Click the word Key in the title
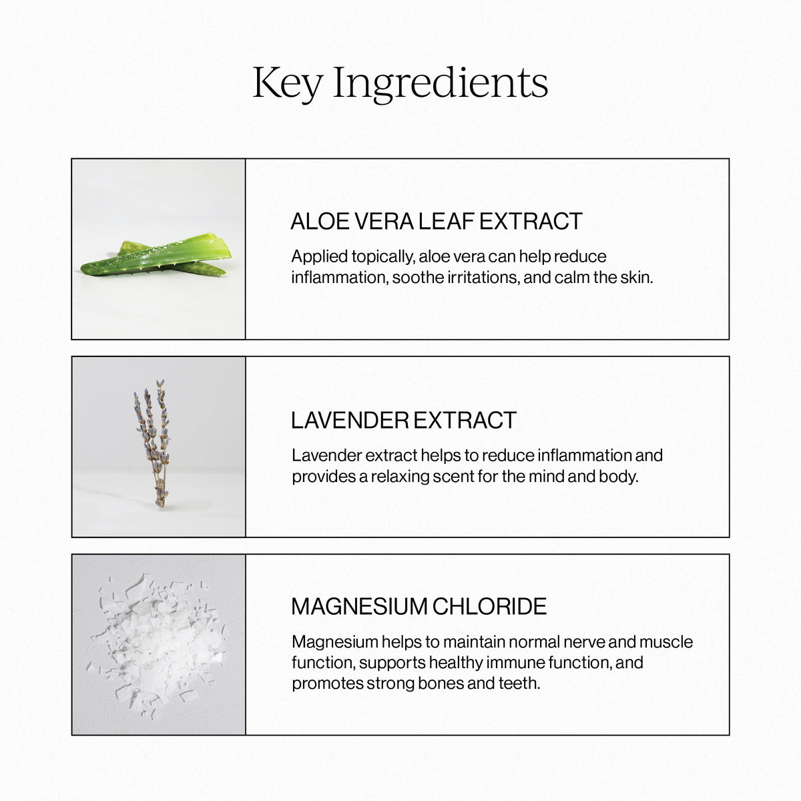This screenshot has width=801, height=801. coord(287,83)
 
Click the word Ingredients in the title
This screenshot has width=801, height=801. coord(441,85)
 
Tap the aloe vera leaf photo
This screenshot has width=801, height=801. coord(158,257)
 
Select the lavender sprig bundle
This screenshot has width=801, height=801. coord(153,444)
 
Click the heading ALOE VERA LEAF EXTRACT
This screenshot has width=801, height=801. coord(437,222)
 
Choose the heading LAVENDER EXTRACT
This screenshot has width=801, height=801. coord(404,421)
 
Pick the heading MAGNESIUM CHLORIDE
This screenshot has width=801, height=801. coord(419,607)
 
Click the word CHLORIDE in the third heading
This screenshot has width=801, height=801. coord(489,607)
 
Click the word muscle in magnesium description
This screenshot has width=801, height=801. coord(666,642)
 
